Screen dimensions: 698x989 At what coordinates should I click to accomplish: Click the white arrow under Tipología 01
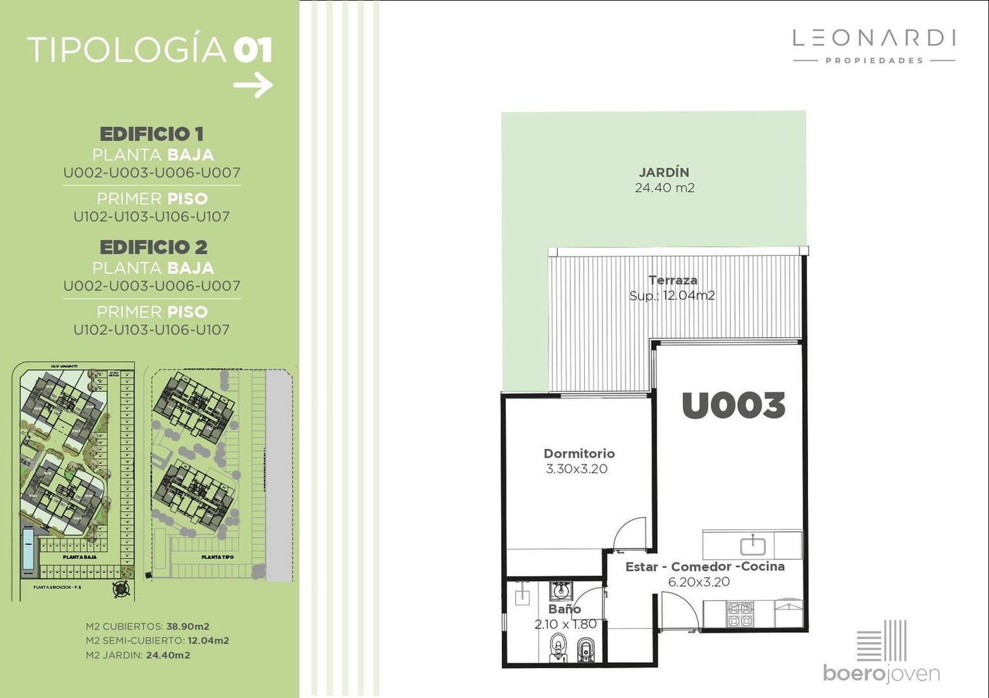pyautogui.click(x=253, y=85)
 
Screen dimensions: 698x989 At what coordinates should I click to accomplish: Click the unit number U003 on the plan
pyautogui.click(x=733, y=405)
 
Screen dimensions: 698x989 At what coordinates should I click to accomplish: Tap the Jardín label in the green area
pyautogui.click(x=664, y=173)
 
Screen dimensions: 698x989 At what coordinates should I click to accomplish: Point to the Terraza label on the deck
pyautogui.click(x=673, y=280)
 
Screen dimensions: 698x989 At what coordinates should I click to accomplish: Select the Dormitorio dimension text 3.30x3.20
pyautogui.click(x=576, y=469)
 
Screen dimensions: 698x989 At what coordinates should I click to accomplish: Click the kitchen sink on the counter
pyautogui.click(x=752, y=545)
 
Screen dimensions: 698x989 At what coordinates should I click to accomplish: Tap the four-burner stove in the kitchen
pyautogui.click(x=740, y=615)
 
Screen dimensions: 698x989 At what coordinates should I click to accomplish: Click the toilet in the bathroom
pyautogui.click(x=558, y=647)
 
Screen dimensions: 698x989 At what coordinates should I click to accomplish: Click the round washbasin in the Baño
pyautogui.click(x=560, y=590)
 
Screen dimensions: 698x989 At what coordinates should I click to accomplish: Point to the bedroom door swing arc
pyautogui.click(x=629, y=534)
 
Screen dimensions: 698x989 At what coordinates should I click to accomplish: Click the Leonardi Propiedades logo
pyautogui.click(x=874, y=45)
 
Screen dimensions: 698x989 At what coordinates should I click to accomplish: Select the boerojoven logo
pyautogui.click(x=881, y=653)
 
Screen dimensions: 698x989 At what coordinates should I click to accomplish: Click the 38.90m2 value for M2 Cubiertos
pyautogui.click(x=188, y=626)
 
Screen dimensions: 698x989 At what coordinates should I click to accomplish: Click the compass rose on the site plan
pyautogui.click(x=120, y=589)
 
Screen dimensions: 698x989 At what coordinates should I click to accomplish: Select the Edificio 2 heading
pyautogui.click(x=153, y=247)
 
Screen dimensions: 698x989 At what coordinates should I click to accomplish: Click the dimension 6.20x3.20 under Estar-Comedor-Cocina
pyautogui.click(x=699, y=582)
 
